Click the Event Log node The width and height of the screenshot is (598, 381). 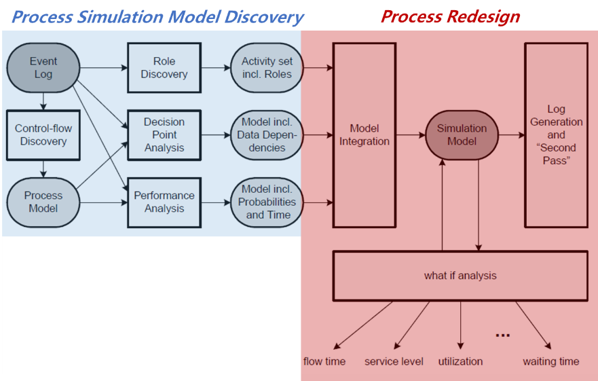coord(43,68)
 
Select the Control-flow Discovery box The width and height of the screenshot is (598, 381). coord(43,134)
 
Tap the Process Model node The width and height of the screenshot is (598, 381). coord(43,202)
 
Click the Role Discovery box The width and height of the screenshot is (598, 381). coord(164,68)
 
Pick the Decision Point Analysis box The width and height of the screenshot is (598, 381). coord(164,134)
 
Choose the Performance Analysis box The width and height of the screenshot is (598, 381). coord(164,202)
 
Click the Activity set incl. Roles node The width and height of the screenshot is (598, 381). coord(267,68)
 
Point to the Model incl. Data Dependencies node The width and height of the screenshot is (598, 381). coord(267,134)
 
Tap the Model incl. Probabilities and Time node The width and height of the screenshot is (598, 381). coord(267,202)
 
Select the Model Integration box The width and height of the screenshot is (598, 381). coord(364,135)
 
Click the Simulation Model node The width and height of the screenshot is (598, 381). coord(462,135)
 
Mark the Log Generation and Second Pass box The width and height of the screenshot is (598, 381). coord(556,135)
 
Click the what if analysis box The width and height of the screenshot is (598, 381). coord(460,276)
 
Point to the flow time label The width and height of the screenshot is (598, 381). coord(324,361)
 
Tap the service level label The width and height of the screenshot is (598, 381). coord(394,361)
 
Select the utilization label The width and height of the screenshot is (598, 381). coord(460,361)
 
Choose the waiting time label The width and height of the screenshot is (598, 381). coord(550,361)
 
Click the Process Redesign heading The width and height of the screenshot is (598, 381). coord(450,16)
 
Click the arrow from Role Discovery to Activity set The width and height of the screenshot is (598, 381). coord(216,68)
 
